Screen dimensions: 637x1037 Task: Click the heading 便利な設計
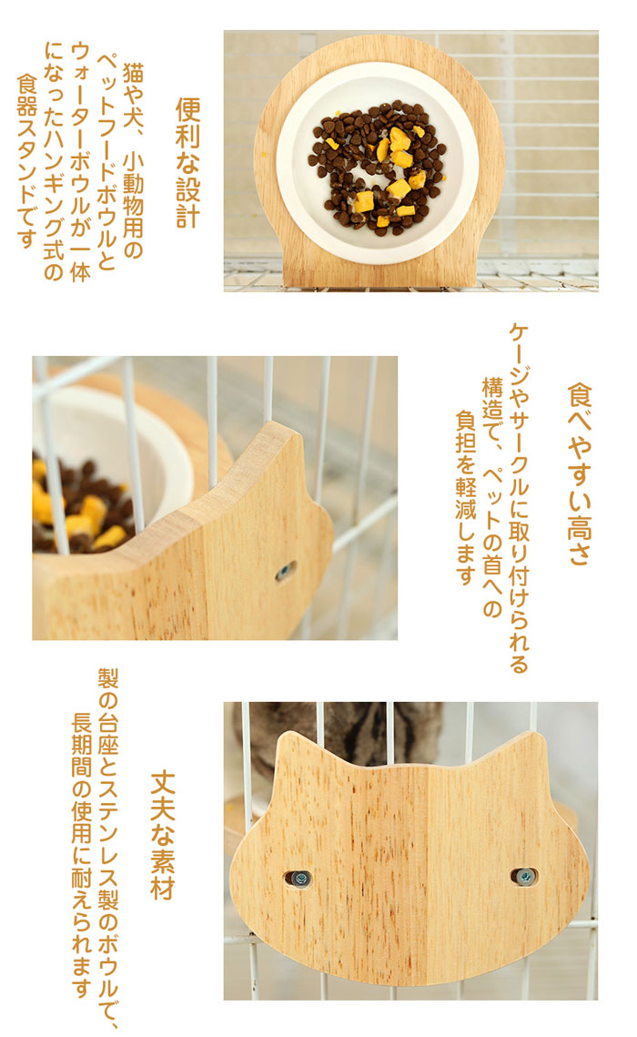pos(187,163)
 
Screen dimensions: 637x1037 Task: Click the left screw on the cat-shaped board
pos(299,879)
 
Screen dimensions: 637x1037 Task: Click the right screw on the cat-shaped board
pos(525,877)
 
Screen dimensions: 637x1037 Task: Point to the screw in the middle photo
pos(285,570)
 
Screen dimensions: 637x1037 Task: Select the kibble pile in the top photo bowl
pos(377,168)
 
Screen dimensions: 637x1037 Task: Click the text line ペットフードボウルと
pos(106,163)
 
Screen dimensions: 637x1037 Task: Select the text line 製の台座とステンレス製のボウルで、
pos(108,849)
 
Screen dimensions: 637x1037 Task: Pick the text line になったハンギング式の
pos(54,161)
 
